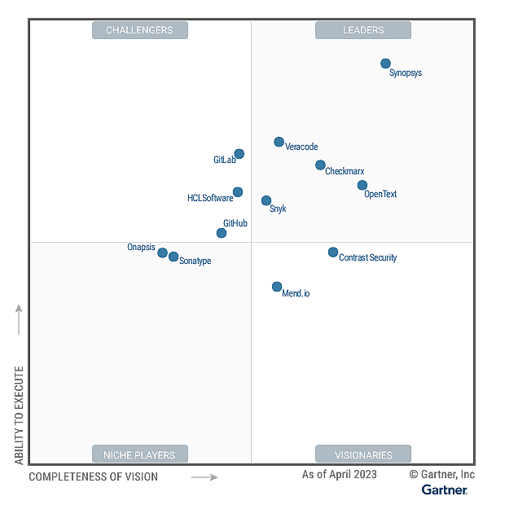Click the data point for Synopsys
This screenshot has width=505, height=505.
coord(385,64)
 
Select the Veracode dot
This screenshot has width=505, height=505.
coord(279,142)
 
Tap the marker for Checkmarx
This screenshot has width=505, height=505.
coord(320,165)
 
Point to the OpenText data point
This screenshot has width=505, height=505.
coord(362,185)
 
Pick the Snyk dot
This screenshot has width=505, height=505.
coord(266,200)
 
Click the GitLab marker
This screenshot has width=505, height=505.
coord(239,154)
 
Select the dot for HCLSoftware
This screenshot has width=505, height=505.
coord(238,192)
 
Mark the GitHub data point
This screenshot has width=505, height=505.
coord(221,233)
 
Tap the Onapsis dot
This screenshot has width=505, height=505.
coord(162,253)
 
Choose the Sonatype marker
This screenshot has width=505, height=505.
coord(173,257)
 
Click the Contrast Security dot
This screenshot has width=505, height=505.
coord(333,253)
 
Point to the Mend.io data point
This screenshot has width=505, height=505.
coord(277,287)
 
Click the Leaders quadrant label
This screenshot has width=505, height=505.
coord(363,30)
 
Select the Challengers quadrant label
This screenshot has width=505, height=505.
coord(139,30)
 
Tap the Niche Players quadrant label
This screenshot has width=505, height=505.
coord(139,455)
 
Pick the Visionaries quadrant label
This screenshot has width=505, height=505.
coord(363,455)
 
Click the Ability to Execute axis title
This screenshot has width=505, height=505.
coord(19,415)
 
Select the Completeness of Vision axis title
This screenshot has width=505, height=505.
coord(94,476)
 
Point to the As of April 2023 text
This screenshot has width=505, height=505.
coord(340,474)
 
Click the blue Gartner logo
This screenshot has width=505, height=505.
coord(445,490)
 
